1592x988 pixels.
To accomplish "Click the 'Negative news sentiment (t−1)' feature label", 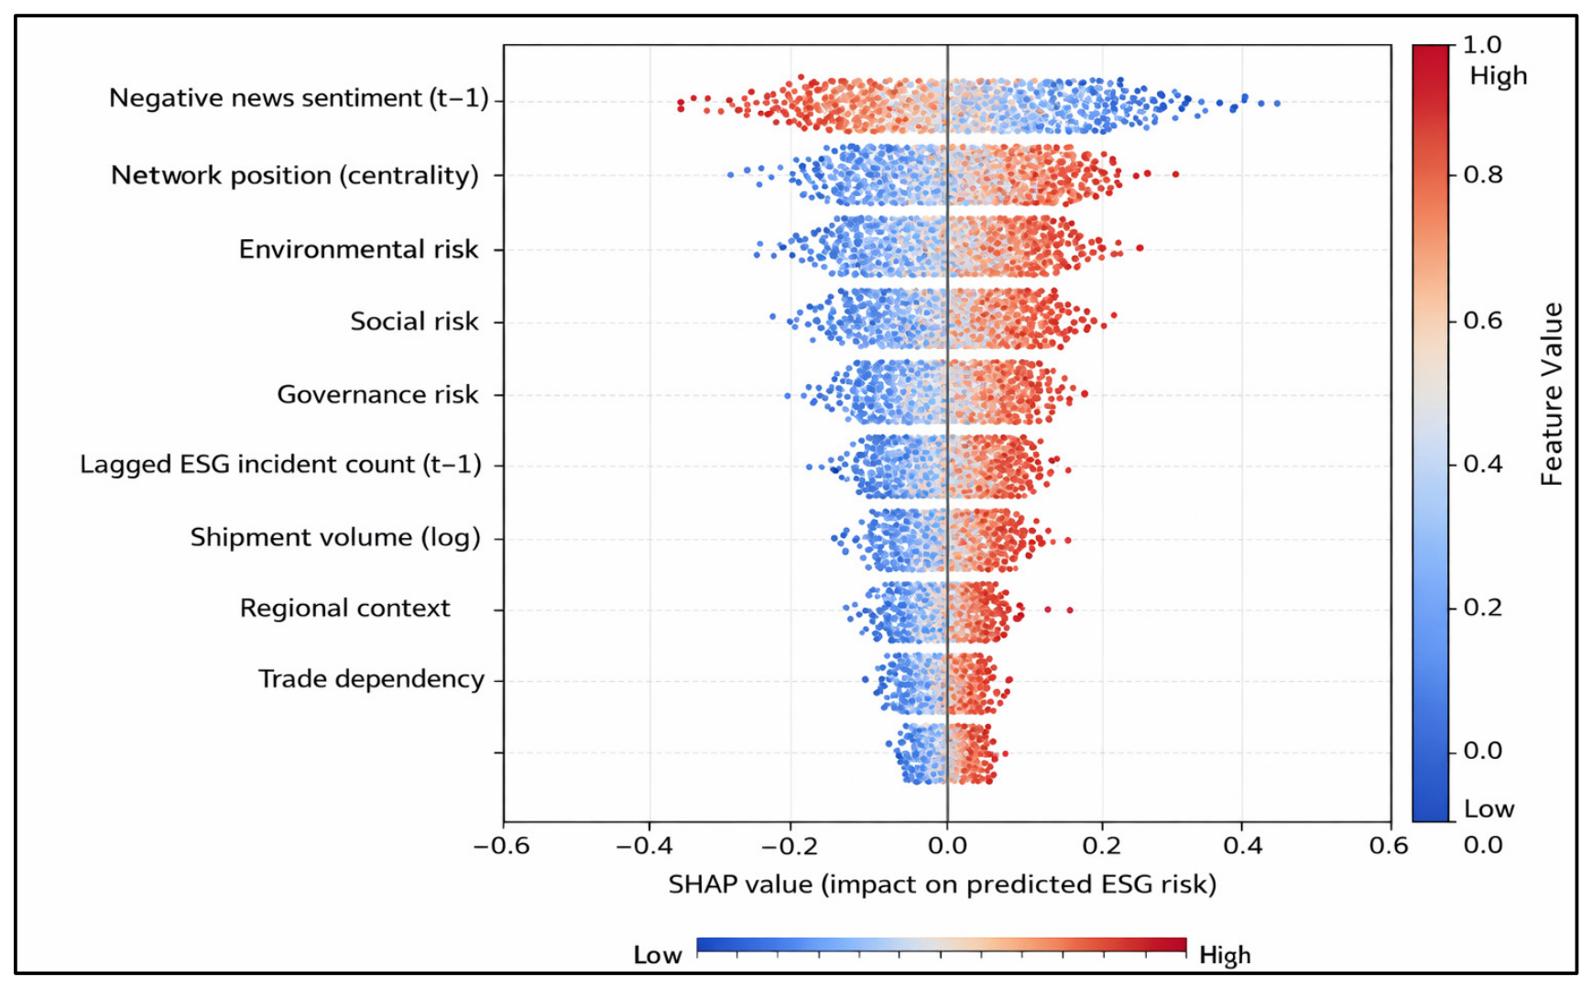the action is [299, 98].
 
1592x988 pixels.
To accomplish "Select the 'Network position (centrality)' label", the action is [295, 175].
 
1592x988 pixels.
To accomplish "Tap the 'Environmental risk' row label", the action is [359, 249].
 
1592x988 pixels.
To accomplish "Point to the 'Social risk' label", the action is [414, 321].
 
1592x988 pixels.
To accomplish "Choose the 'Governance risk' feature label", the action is [377, 394].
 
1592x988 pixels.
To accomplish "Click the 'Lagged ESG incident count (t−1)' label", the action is [280, 465].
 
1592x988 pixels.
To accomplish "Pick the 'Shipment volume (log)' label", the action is [335, 537].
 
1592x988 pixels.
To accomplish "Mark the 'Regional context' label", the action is [344, 608].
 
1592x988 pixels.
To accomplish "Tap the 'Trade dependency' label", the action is [371, 679].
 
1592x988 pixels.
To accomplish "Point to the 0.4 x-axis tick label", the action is [1243, 845].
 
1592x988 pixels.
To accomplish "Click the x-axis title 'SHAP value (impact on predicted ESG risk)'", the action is [943, 884].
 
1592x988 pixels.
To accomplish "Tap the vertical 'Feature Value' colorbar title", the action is [1551, 394].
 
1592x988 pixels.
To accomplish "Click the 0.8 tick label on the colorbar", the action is [1483, 174].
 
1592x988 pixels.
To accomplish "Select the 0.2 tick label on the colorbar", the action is [1483, 608].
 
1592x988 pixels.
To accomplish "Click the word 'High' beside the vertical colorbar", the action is [1499, 76].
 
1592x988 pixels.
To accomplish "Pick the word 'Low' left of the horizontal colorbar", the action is [658, 955].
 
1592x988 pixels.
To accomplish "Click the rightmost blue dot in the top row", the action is [1277, 104].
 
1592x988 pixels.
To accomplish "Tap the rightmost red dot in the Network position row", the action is [1175, 174].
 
